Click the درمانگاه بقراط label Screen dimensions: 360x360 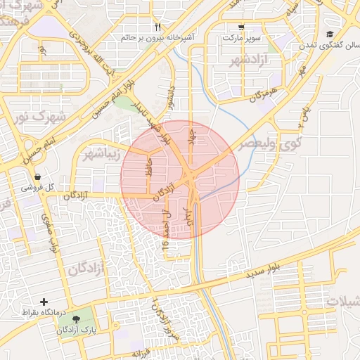pyautogui.click(x=44, y=311)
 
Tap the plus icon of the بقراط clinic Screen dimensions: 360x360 pyautogui.click(x=44, y=301)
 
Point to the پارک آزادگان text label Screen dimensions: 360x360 pyautogui.click(x=76, y=329)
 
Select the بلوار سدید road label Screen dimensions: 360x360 pyautogui.click(x=264, y=269)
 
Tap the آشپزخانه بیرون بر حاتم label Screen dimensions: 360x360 pyautogui.click(x=167, y=36)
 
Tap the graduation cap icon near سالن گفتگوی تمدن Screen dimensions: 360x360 pyautogui.click(x=330, y=34)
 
